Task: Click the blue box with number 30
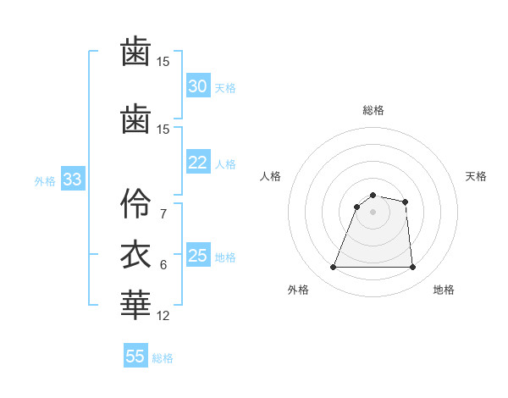(x=197, y=86)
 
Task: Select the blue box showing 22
(x=197, y=163)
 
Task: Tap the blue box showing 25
(x=197, y=256)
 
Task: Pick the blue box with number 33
(x=72, y=180)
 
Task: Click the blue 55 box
(x=135, y=357)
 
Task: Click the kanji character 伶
(x=135, y=204)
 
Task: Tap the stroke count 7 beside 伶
(x=163, y=213)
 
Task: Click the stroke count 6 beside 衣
(x=163, y=264)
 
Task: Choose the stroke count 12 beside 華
(x=163, y=315)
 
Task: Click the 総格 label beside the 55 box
(x=163, y=357)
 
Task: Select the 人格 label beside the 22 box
(x=225, y=163)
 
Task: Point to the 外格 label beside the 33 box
(x=45, y=180)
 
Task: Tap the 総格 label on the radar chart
(x=373, y=110)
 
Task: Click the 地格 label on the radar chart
(x=444, y=290)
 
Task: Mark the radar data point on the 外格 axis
(x=334, y=268)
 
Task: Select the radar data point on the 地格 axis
(x=412, y=268)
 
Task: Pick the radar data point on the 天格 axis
(x=406, y=202)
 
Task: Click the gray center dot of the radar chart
(x=373, y=212)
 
